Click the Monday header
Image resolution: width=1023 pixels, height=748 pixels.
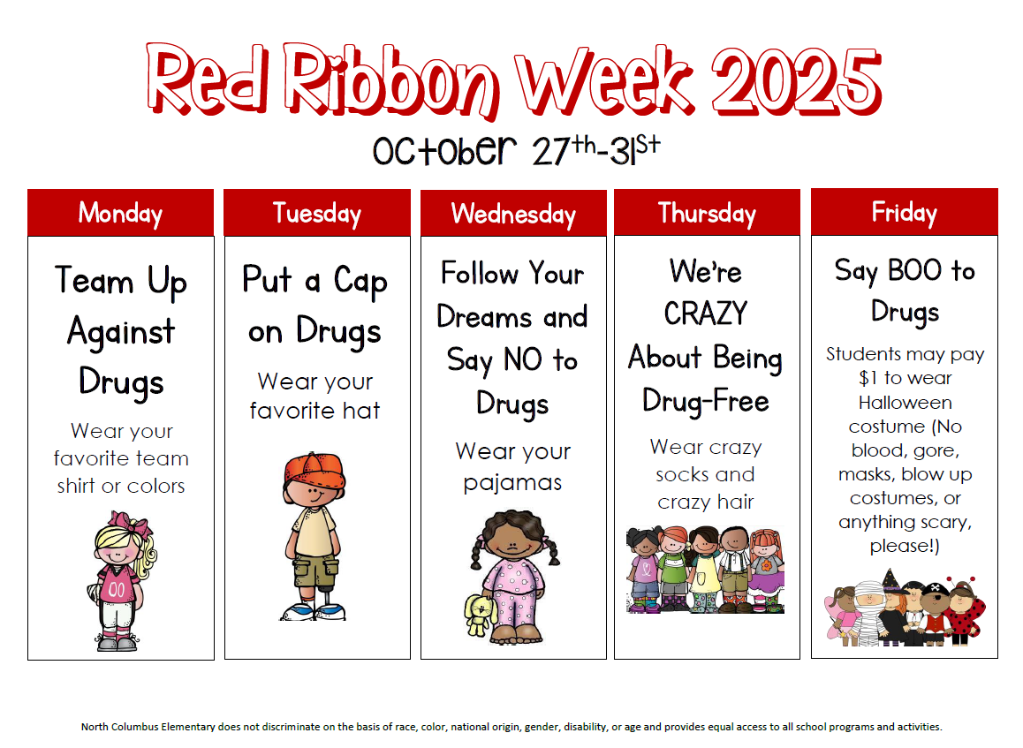pyautogui.click(x=121, y=213)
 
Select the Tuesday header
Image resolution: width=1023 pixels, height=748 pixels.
pyautogui.click(x=317, y=213)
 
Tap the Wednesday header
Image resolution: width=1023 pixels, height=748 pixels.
pyautogui.click(x=513, y=213)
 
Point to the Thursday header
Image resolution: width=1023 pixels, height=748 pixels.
pyautogui.click(x=708, y=213)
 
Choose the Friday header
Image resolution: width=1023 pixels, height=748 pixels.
pyautogui.click(x=905, y=212)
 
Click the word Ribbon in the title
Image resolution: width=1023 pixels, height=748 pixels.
pyautogui.click(x=391, y=80)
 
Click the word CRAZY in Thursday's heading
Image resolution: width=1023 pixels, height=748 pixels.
pyautogui.click(x=706, y=314)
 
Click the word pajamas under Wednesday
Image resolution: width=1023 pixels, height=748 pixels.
pyautogui.click(x=512, y=483)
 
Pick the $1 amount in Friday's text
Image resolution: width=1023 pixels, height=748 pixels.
pyautogui.click(x=868, y=378)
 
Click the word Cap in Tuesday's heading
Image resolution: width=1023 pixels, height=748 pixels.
pyautogui.click(x=360, y=281)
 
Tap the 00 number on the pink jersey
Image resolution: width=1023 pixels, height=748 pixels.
pyautogui.click(x=117, y=590)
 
